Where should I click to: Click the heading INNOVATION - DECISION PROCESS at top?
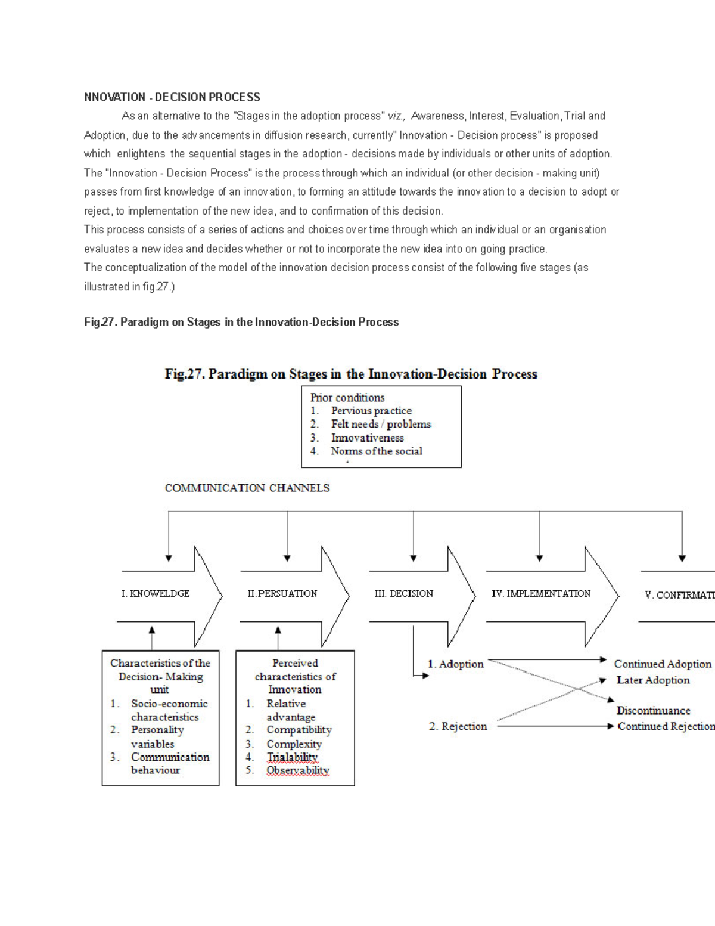tap(172, 97)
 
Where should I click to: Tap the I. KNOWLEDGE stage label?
tap(155, 594)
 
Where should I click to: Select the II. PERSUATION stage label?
tap(282, 594)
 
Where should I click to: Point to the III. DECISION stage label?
tap(403, 594)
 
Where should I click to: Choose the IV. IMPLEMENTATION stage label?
tap(540, 594)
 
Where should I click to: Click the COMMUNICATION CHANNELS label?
tap(247, 488)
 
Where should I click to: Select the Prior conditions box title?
tap(347, 398)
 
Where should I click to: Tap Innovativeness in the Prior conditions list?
tap(367, 438)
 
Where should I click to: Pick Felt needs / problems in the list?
tap(381, 424)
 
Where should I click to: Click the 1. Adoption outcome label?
tap(455, 664)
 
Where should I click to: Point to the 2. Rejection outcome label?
tap(458, 726)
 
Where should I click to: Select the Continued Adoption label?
tap(663, 664)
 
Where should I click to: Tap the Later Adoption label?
tap(652, 680)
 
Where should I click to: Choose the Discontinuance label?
tap(653, 711)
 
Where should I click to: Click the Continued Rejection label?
tap(666, 726)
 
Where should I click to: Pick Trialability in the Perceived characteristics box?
tap(292, 757)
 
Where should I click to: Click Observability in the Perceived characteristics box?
tap(297, 770)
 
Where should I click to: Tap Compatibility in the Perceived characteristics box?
tap(299, 730)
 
